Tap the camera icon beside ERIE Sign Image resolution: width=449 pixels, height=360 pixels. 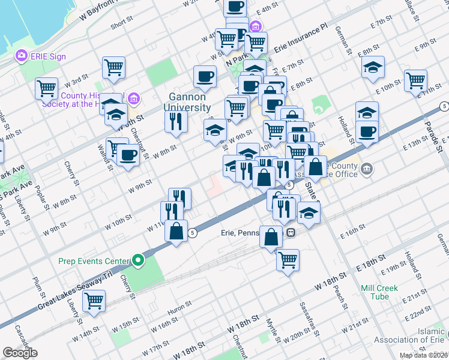point(22,56)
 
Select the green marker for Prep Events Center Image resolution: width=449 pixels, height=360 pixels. point(139,260)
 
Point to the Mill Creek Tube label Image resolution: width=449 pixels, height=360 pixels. point(379,292)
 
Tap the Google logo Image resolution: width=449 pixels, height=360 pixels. point(20,353)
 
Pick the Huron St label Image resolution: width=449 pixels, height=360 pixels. point(179,310)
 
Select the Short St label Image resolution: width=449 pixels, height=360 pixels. point(121,23)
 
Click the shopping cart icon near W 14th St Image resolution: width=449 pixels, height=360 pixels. point(94,301)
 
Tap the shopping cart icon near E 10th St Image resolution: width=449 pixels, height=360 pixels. point(415,80)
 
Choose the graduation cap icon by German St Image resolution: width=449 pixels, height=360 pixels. point(373,67)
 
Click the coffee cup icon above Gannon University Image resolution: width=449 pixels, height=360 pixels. point(205,76)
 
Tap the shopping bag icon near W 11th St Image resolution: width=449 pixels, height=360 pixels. point(176,231)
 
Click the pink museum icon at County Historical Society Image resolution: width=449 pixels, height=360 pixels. point(133,98)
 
